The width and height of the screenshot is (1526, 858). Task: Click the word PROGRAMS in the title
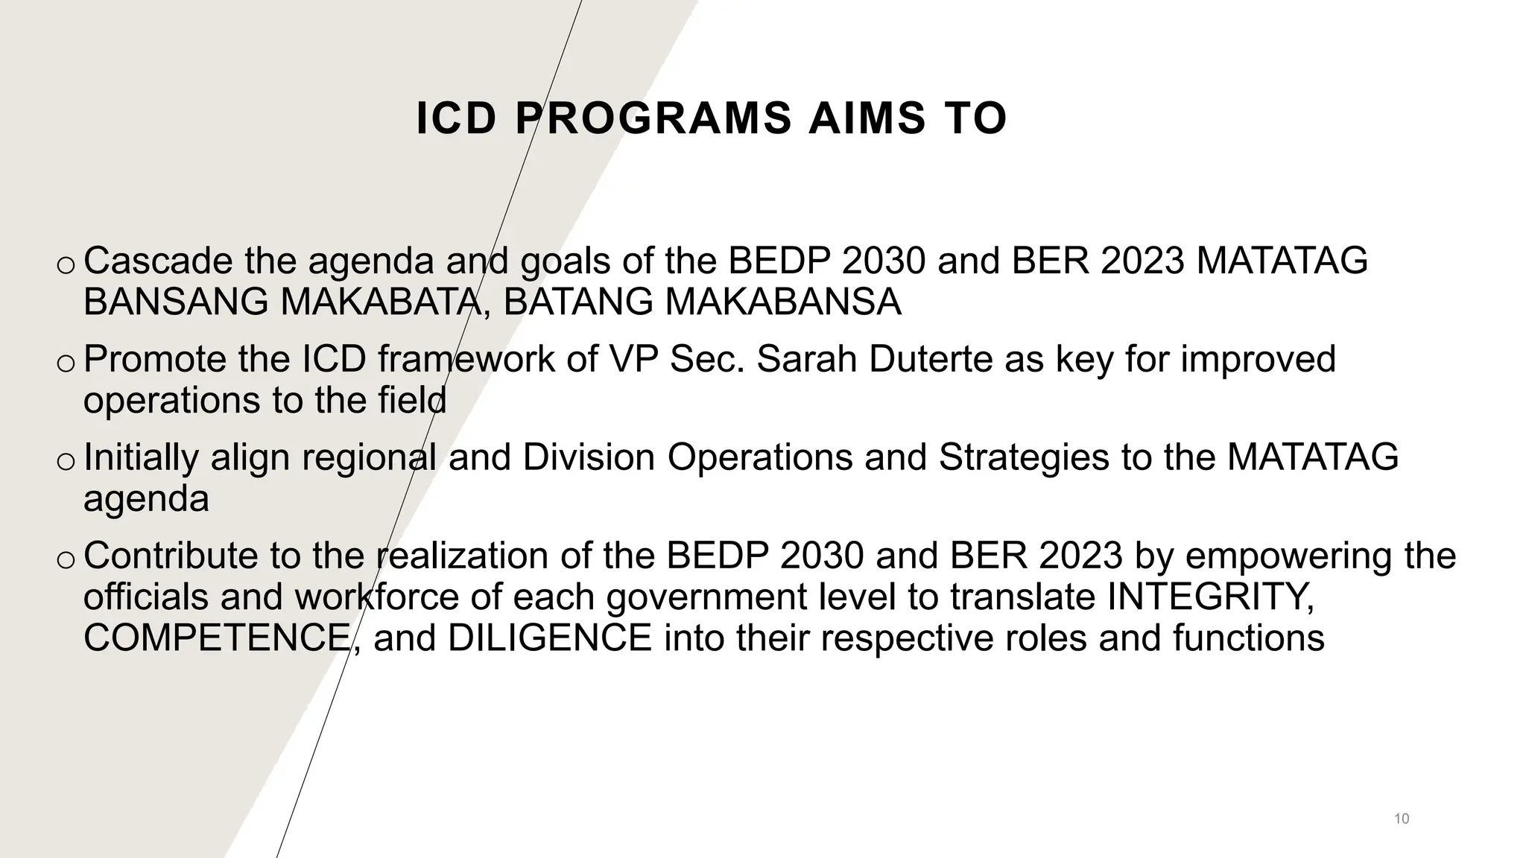pyautogui.click(x=653, y=119)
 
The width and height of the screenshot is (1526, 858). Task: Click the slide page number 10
pyautogui.click(x=1401, y=819)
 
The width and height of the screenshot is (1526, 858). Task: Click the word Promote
pyautogui.click(x=155, y=359)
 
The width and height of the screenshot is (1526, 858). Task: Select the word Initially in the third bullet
pyautogui.click(x=141, y=457)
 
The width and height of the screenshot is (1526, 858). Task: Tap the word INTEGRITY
pyautogui.click(x=1212, y=597)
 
